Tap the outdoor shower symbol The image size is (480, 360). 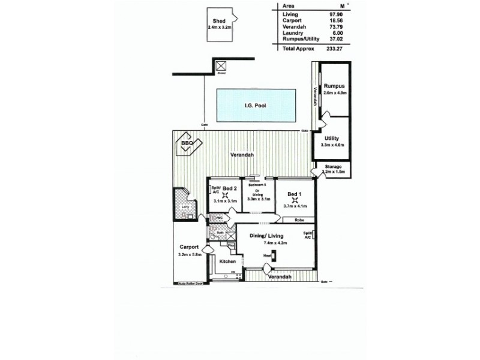pos(221,67)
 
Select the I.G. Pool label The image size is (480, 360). pos(255,106)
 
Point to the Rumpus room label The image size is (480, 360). pos(334,87)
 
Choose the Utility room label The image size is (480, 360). pos(331,138)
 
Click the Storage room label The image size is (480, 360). pos(333,166)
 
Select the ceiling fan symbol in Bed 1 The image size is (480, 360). pos(294,200)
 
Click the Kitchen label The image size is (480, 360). pos(227,262)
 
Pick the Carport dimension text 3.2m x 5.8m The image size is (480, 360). pos(190,255)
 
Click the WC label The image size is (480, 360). pos(220,217)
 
